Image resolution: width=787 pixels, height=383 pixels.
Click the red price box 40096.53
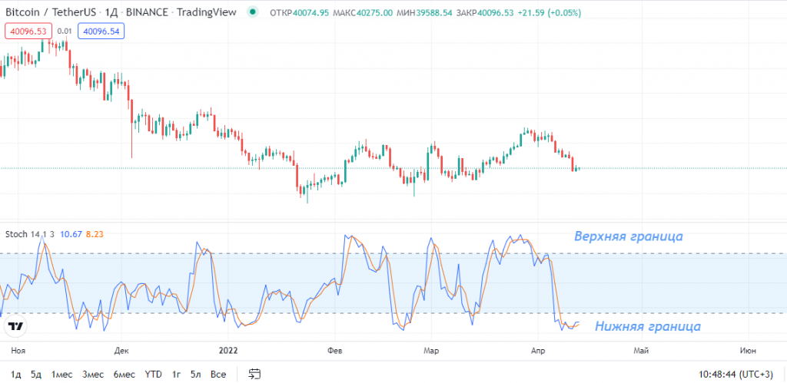click(26, 31)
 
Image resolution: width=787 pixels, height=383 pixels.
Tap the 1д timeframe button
click(16, 374)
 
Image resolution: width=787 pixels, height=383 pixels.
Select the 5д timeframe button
click(36, 374)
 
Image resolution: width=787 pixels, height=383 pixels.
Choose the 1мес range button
click(62, 374)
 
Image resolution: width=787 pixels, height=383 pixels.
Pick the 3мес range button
click(93, 374)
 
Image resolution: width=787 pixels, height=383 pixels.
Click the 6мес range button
click(124, 374)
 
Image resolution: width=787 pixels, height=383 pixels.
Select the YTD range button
click(154, 374)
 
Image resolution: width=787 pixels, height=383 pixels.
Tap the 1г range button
click(177, 374)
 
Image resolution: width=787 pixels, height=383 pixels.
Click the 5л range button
click(196, 374)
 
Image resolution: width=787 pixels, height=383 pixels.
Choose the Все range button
click(218, 374)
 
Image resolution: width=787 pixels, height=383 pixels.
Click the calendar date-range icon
click(254, 374)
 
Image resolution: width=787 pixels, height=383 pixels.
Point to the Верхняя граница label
click(629, 236)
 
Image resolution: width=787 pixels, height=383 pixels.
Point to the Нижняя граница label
click(648, 326)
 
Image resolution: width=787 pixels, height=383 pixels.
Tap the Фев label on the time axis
click(334, 350)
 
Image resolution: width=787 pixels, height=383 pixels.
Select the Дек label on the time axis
click(121, 350)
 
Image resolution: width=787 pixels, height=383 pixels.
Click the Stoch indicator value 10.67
click(71, 233)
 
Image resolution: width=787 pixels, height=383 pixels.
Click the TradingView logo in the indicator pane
click(15, 326)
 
